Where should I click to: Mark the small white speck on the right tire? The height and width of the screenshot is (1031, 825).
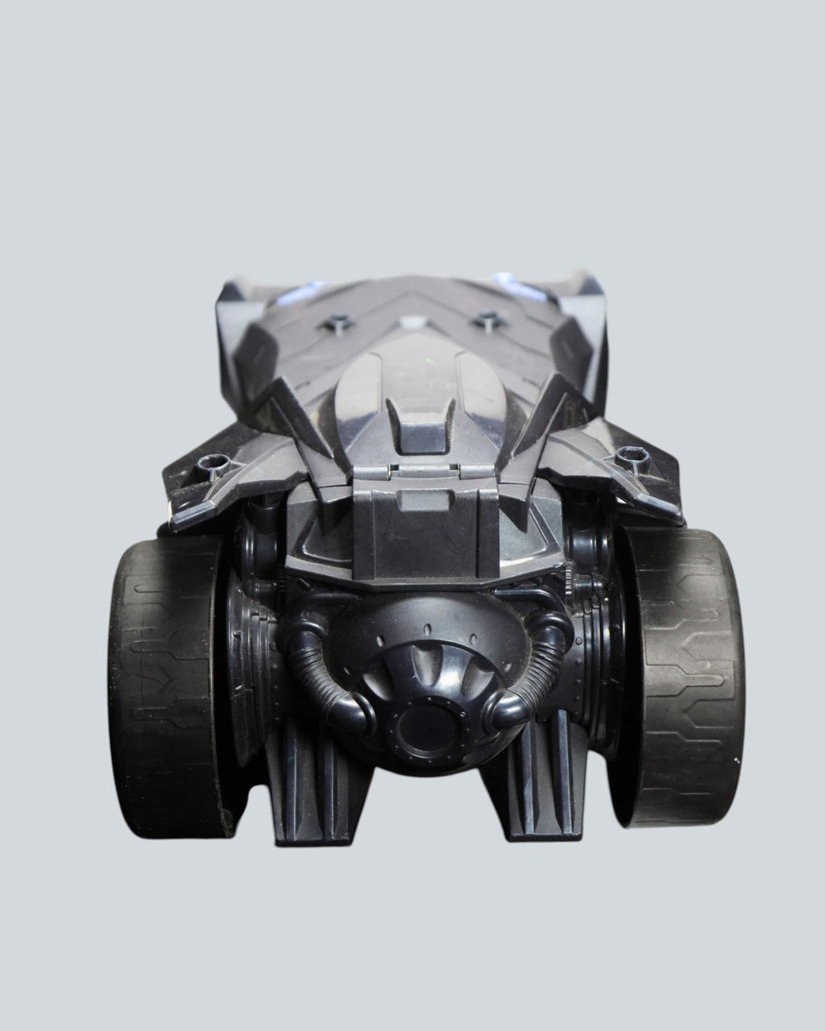733,759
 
